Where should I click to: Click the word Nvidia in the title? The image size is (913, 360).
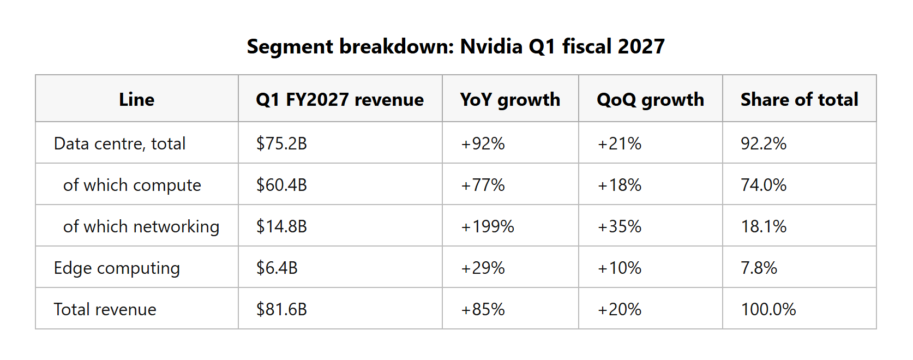point(491,46)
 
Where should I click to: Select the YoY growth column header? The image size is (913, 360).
point(510,100)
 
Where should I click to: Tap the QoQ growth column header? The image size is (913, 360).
point(650,100)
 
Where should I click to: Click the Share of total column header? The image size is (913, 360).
point(799,99)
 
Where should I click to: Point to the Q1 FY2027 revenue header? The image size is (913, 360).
point(340,99)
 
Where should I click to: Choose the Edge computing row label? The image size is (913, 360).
point(117,268)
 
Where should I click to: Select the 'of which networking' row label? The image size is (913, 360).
point(141,227)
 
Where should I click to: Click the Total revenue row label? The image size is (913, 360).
point(105,309)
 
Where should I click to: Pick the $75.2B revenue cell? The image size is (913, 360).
point(281,143)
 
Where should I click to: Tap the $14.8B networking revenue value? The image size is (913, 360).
point(281,227)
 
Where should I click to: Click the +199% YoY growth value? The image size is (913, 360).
point(488,227)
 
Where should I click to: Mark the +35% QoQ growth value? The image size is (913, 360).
point(619,227)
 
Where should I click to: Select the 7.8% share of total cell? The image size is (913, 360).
point(759,268)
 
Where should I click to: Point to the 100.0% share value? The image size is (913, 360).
point(768,309)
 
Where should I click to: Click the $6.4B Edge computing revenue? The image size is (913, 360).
point(277,268)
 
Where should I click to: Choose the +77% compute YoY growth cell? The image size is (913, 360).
point(483,185)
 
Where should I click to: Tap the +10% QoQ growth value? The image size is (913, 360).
point(619,268)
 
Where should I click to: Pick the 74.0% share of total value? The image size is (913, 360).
point(764,185)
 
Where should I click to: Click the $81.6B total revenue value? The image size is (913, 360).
point(281,309)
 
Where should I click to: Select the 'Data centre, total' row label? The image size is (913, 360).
point(119,144)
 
